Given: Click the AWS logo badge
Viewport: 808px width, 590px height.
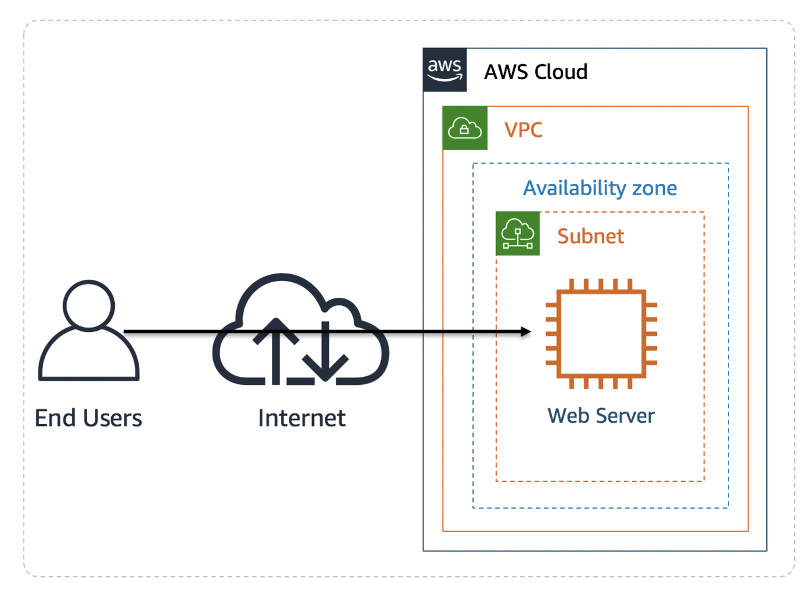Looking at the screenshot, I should click(444, 70).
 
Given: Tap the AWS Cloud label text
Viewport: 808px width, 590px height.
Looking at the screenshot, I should click(536, 72).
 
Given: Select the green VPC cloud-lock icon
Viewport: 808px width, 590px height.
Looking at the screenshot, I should click(465, 128).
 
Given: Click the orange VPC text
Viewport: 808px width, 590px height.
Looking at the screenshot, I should click(523, 130).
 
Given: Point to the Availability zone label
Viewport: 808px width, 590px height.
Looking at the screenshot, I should click(600, 188).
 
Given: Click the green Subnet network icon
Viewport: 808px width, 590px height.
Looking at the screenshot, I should click(518, 234).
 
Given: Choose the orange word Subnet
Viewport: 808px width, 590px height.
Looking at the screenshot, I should click(590, 236).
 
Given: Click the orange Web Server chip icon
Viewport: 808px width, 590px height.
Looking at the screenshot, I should click(601, 334).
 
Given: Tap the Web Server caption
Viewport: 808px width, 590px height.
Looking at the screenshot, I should click(601, 415).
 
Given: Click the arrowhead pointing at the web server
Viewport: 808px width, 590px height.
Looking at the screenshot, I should click(525, 332).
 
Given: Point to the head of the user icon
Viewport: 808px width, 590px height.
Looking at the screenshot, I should click(89, 306).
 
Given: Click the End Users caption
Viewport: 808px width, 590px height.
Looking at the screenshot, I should click(88, 418).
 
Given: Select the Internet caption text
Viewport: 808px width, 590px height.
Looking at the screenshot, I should click(301, 418).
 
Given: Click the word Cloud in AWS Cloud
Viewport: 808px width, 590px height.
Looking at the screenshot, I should click(561, 72).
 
